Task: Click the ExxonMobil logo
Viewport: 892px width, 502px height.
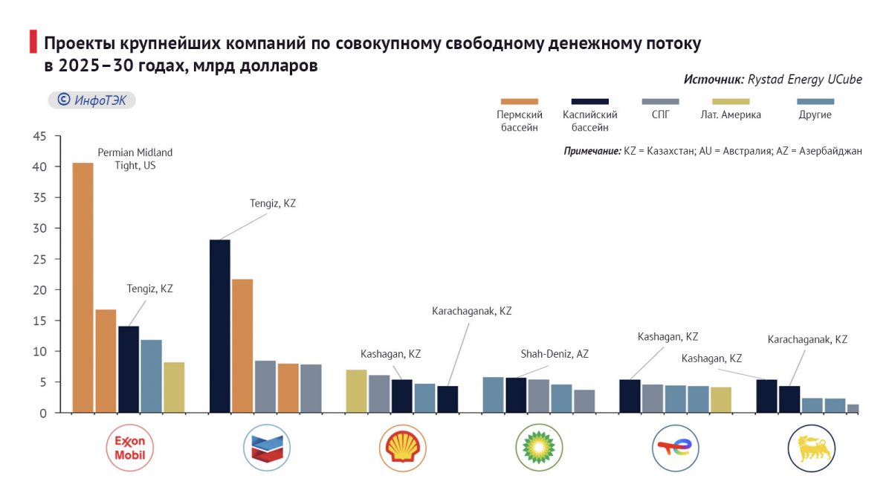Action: click(x=130, y=448)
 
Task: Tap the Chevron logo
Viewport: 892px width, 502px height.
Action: click(x=266, y=448)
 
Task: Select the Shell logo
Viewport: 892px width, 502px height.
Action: click(x=403, y=448)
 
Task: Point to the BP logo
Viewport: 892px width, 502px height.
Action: click(x=539, y=448)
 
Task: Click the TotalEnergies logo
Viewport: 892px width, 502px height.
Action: click(x=676, y=448)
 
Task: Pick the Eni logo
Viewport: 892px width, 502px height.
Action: click(x=812, y=448)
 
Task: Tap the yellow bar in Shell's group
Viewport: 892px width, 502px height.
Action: click(x=357, y=390)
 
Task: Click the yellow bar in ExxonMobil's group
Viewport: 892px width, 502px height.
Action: click(x=174, y=387)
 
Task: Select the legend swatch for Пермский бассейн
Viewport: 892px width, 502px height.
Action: click(x=520, y=101)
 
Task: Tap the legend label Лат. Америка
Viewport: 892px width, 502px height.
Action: click(x=730, y=115)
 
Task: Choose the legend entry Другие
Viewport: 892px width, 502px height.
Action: click(x=815, y=115)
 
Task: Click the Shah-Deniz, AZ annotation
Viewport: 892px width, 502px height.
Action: click(x=555, y=354)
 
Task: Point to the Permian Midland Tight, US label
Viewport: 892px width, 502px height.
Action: click(x=135, y=158)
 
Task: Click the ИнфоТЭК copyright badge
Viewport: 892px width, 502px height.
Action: click(x=91, y=100)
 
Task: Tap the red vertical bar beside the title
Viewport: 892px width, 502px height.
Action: click(x=33, y=42)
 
